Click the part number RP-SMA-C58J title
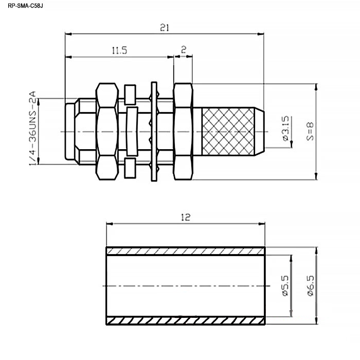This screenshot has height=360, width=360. (x=25, y=6)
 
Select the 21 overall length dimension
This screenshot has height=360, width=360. (x=165, y=28)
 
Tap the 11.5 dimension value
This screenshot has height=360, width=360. (x=119, y=50)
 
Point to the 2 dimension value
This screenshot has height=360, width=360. (x=184, y=49)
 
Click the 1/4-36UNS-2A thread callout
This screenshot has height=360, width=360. (x=32, y=128)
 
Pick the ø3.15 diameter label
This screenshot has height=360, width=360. (x=285, y=129)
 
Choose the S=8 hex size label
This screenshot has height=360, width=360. (x=310, y=131)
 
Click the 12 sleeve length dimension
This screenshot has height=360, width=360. (x=186, y=217)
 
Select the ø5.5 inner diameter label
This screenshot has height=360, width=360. (x=285, y=286)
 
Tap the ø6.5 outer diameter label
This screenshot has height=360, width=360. (x=310, y=286)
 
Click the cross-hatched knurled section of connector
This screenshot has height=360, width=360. (x=228, y=132)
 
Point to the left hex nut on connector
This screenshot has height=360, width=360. (x=107, y=131)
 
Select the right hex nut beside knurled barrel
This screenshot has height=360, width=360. (x=183, y=131)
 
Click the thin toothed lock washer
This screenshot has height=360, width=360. (x=154, y=131)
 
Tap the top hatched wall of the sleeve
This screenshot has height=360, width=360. (x=186, y=251)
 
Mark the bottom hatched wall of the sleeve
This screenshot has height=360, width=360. (x=186, y=321)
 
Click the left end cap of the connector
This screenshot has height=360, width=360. (x=70, y=131)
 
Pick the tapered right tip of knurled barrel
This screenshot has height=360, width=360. (x=259, y=132)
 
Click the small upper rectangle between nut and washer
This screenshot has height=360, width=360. (x=130, y=95)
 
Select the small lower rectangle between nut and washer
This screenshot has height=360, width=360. (x=130, y=168)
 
